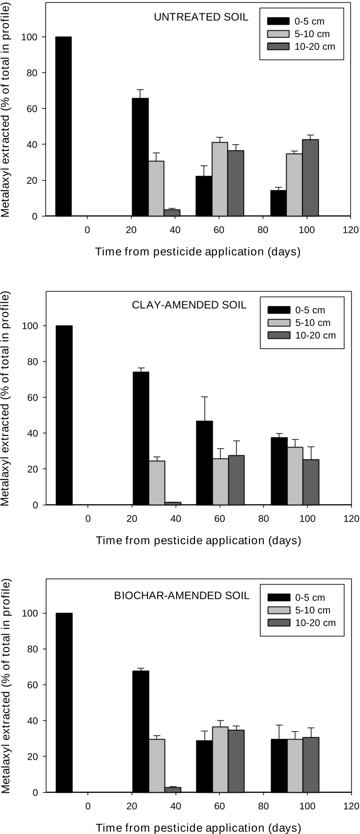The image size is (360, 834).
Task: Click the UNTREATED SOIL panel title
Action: pos(201,17)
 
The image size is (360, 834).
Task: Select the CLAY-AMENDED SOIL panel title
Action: pos(200,305)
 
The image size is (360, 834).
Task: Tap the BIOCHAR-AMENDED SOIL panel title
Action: pos(182,596)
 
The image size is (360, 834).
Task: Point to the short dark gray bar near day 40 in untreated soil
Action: pos(172,213)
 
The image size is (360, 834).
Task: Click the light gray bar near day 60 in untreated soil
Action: pos(220,179)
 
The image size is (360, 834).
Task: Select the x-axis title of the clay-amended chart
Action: pos(198,541)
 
